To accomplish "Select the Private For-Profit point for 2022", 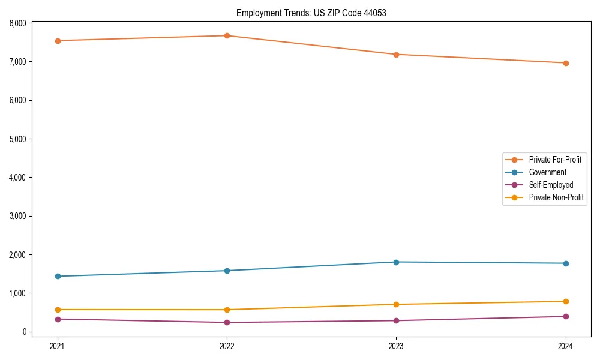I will pyautogui.click(x=227, y=36).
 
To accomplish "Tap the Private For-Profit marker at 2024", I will pyautogui.click(x=566, y=63).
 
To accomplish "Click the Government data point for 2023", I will pyautogui.click(x=396, y=262).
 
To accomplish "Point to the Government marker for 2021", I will pyautogui.click(x=58, y=276).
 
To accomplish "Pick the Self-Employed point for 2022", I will pyautogui.click(x=227, y=322).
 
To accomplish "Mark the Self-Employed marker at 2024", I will pyautogui.click(x=566, y=316).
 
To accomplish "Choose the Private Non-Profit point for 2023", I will pyautogui.click(x=396, y=304).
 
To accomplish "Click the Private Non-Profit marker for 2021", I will pyautogui.click(x=58, y=310).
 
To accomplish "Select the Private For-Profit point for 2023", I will pyautogui.click(x=396, y=55).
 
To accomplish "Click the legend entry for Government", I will pyautogui.click(x=547, y=172).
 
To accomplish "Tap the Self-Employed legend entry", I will pyautogui.click(x=551, y=185).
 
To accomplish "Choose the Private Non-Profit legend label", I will pyautogui.click(x=556, y=197).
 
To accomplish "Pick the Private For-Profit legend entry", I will pyautogui.click(x=555, y=160).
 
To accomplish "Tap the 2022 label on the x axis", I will pyautogui.click(x=227, y=346).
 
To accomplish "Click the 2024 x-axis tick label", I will pyautogui.click(x=566, y=346).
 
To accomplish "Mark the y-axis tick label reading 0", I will pyautogui.click(x=25, y=332).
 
